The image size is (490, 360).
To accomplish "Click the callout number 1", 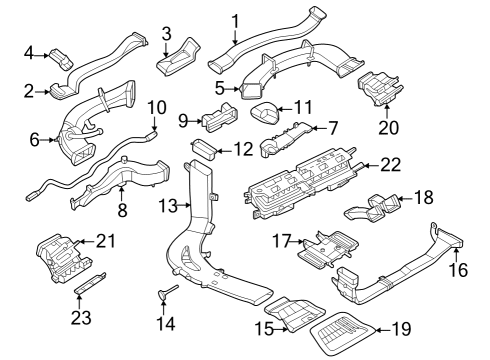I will pos(235,20).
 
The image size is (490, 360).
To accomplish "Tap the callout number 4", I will pos(29,52).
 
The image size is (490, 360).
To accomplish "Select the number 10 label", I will pos(156,107).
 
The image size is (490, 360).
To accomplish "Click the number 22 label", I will pos(391,164).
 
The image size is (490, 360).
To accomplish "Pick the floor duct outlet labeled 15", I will pos(294,317).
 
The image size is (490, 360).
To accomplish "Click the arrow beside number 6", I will pos(46,141).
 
